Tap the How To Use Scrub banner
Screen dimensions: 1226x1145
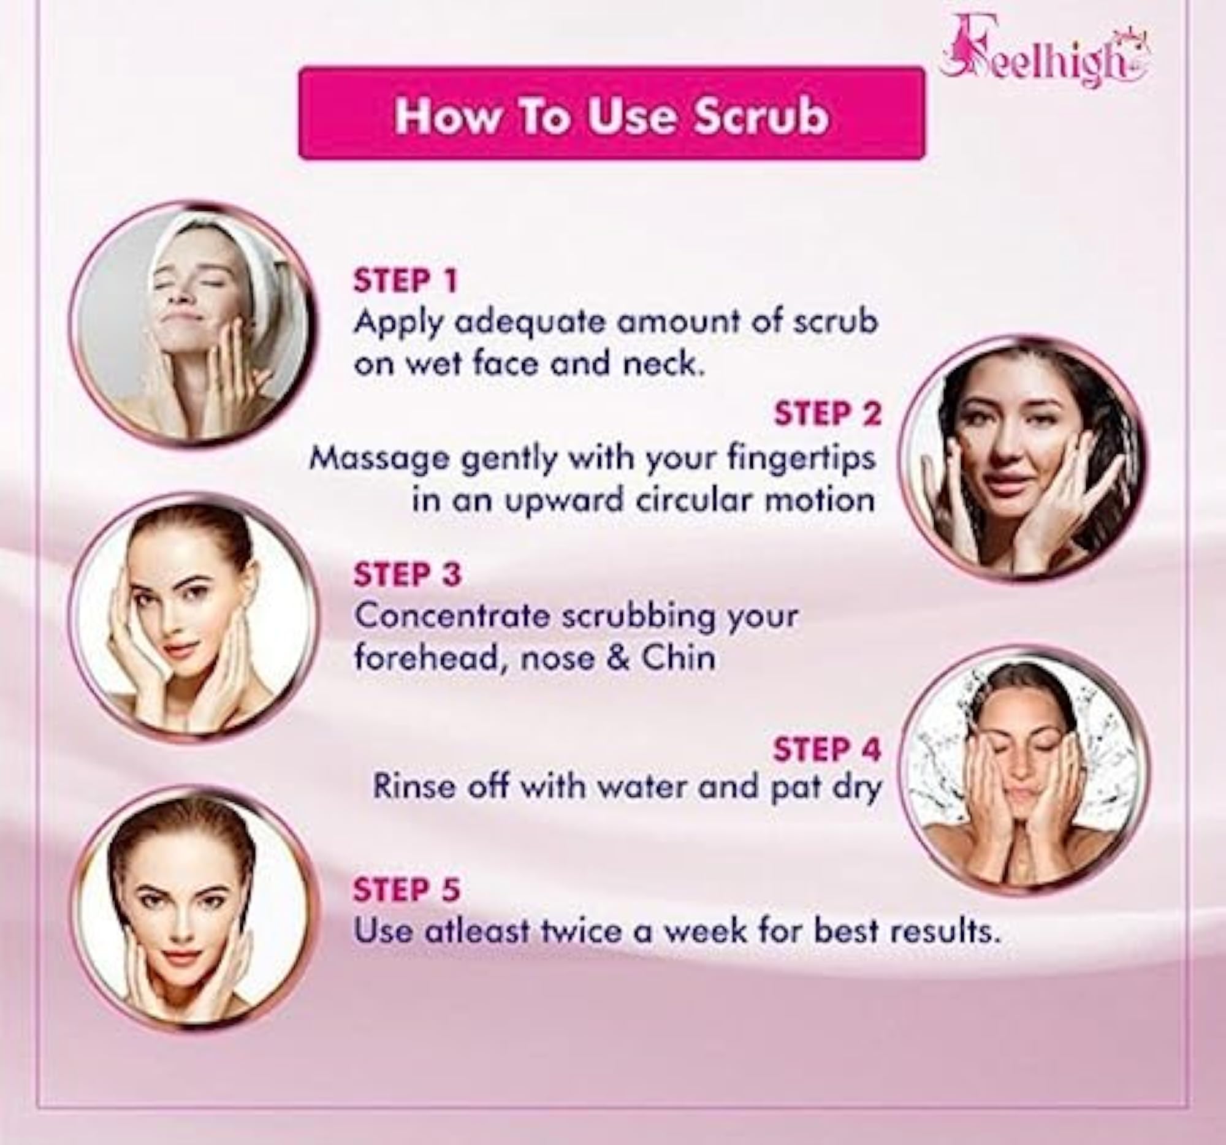point(611,114)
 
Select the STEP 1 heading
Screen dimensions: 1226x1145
point(406,281)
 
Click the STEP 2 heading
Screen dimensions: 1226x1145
point(828,413)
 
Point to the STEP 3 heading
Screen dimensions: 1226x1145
point(407,574)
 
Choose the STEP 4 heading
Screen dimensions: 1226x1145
point(828,749)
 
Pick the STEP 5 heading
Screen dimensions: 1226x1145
point(407,890)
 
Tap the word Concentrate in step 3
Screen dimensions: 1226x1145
point(452,617)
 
